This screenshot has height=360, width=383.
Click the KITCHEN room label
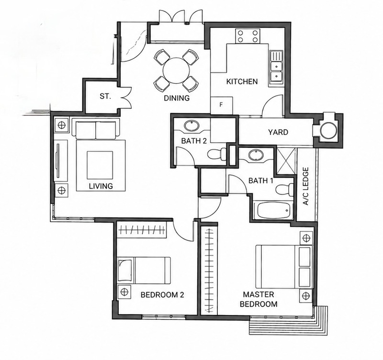pyautogui.click(x=242, y=81)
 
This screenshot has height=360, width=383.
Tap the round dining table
pyautogui.click(x=176, y=70)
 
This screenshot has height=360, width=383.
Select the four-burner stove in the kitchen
pyautogui.click(x=248, y=36)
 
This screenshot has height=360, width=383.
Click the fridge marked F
pyautogui.click(x=222, y=105)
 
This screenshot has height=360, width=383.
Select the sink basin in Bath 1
pyautogui.click(x=256, y=155)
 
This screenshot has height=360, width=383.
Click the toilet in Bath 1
pyautogui.click(x=284, y=189)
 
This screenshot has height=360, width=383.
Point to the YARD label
pyautogui.click(x=278, y=132)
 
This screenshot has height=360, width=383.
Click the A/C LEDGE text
pyautogui.click(x=305, y=186)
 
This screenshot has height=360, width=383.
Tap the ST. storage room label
pyautogui.click(x=105, y=96)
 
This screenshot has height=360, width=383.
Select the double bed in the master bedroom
pyautogui.click(x=284, y=267)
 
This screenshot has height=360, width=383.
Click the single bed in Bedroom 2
pyautogui.click(x=144, y=270)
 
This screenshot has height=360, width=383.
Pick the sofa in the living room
pyautogui.click(x=96, y=129)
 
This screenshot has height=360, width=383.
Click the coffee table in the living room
pyautogui.click(x=100, y=165)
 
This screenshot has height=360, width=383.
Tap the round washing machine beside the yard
pyautogui.click(x=328, y=131)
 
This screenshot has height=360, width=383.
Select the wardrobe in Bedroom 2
pyautogui.click(x=141, y=230)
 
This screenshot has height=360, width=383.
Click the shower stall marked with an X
pyautogui.click(x=287, y=161)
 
